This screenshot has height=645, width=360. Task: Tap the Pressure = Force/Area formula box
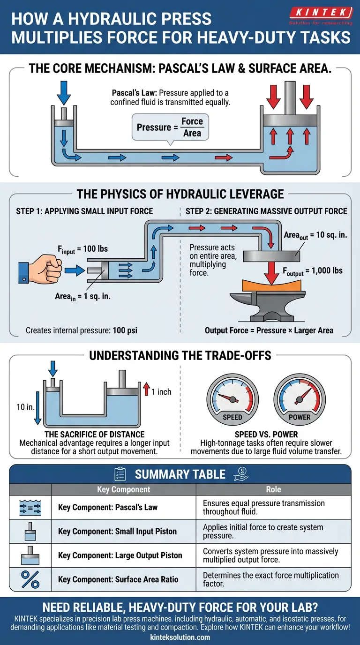coord(170,127)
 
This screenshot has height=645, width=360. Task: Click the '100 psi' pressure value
coord(125,330)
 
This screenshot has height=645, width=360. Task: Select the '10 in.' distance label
coord(25,407)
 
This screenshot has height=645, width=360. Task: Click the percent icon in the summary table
coord(30,579)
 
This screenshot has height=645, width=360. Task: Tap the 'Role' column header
coord(273,489)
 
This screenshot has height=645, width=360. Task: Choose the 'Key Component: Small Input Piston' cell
coord(117,532)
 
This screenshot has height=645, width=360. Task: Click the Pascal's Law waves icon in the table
coord(30,507)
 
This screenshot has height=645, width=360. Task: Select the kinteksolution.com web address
coord(180,637)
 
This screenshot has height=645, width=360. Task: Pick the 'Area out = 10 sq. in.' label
coord(315,235)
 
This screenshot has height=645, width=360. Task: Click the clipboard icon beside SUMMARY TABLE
coord(120,474)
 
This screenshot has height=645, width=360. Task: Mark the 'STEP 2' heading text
coord(266,211)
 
